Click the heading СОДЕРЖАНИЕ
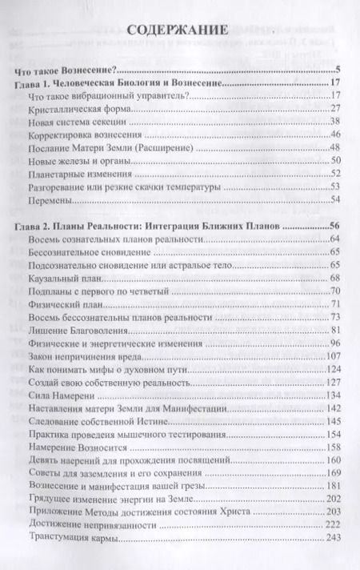point(180,31)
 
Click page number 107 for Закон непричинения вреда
point(334,355)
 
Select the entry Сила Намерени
point(61,395)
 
